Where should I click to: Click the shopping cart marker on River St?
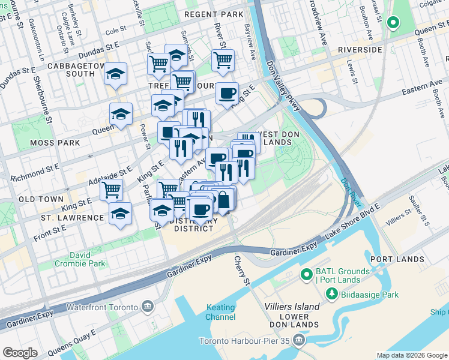click(223, 60)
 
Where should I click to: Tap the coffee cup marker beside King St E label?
click(227, 93)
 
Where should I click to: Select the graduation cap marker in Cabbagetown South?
click(115, 74)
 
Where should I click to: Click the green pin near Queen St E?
click(393, 23)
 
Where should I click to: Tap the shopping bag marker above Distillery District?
click(223, 199)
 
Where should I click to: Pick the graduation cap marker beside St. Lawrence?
click(121, 214)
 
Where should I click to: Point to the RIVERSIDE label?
click(360, 50)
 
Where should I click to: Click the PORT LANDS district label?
click(397, 259)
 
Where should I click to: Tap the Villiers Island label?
click(292, 307)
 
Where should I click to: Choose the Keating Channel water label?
click(221, 312)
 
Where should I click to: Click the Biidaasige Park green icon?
click(331, 294)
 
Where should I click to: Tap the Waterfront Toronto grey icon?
click(149, 307)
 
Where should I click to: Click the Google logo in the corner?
click(20, 353)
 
